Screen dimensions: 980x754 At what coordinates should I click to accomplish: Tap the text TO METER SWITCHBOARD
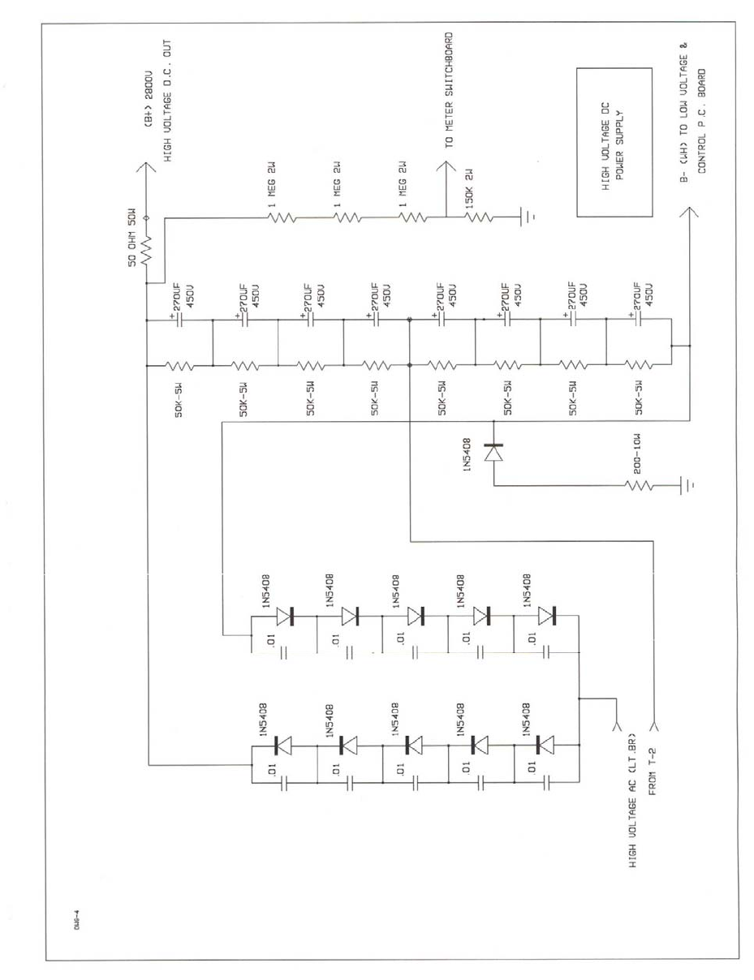tap(447, 88)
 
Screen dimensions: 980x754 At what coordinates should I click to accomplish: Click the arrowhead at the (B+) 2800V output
tap(146, 170)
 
